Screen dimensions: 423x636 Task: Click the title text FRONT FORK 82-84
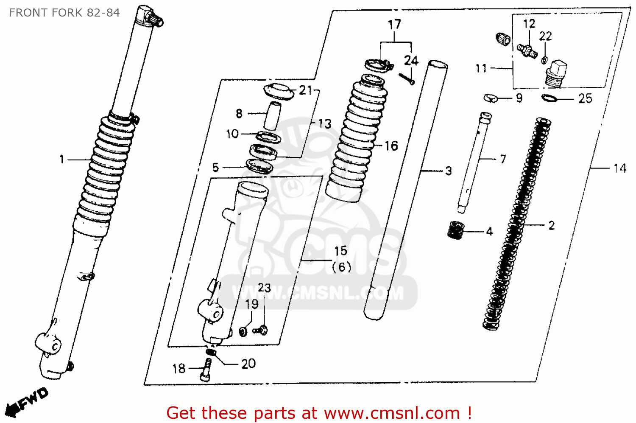(64, 13)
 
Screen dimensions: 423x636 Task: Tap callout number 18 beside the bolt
(179, 369)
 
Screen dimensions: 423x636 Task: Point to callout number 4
(489, 232)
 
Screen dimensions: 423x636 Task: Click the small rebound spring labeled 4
(456, 230)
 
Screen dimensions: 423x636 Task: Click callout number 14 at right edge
(620, 168)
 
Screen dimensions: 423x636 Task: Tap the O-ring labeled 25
(549, 98)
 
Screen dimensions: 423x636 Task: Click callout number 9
(519, 98)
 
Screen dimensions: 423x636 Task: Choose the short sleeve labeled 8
(272, 115)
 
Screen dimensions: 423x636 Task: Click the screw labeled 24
(406, 79)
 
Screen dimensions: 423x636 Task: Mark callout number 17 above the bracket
(394, 25)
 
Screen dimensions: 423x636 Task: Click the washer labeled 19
(243, 331)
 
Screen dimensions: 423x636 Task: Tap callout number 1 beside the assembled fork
(62, 160)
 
